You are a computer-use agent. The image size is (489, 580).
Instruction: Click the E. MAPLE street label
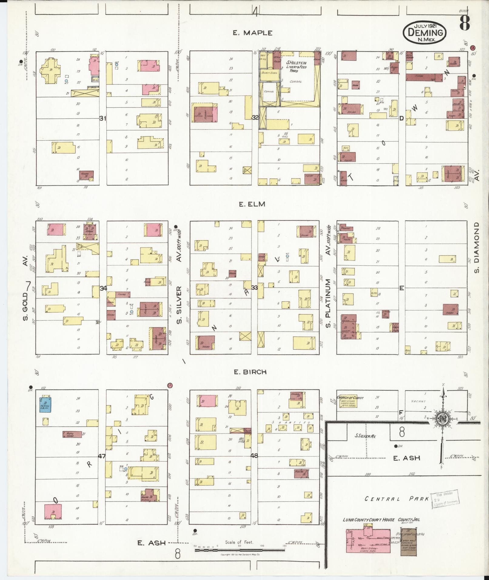pyautogui.click(x=253, y=33)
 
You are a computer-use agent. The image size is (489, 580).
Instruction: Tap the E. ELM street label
pyautogui.click(x=252, y=204)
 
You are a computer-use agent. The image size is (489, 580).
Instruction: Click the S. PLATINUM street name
pyautogui.click(x=328, y=299)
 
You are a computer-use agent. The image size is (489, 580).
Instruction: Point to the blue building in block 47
pyautogui.click(x=45, y=404)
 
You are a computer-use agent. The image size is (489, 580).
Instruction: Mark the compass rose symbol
pyautogui.click(x=443, y=419)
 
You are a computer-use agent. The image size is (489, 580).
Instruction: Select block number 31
pyautogui.click(x=103, y=119)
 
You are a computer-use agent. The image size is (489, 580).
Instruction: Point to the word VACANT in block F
pyautogui.click(x=419, y=401)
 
